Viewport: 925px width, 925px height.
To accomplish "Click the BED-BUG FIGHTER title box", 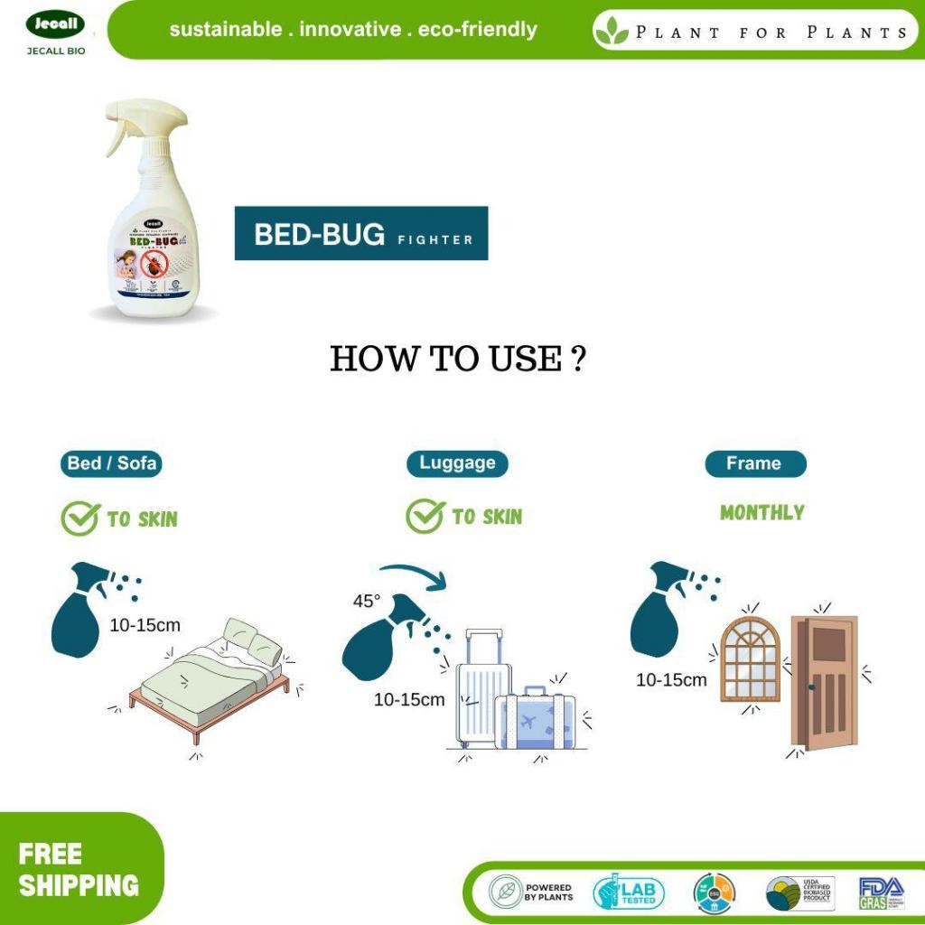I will [361, 234].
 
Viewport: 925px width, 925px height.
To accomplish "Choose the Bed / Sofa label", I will [112, 464].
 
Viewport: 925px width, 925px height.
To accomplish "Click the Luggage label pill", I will [457, 463].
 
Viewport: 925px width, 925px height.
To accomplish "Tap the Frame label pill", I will [754, 463].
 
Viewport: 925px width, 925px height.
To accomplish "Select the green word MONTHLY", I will [761, 512].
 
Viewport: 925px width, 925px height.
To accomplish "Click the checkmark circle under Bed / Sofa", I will [79, 519].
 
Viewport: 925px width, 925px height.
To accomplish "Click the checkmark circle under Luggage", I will [425, 516].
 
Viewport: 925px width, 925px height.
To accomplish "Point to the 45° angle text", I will [367, 602].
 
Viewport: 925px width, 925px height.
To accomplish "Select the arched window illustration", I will [750, 660].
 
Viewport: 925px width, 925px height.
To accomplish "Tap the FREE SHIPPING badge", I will [79, 870].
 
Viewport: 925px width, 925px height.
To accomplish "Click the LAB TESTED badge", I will [629, 892].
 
